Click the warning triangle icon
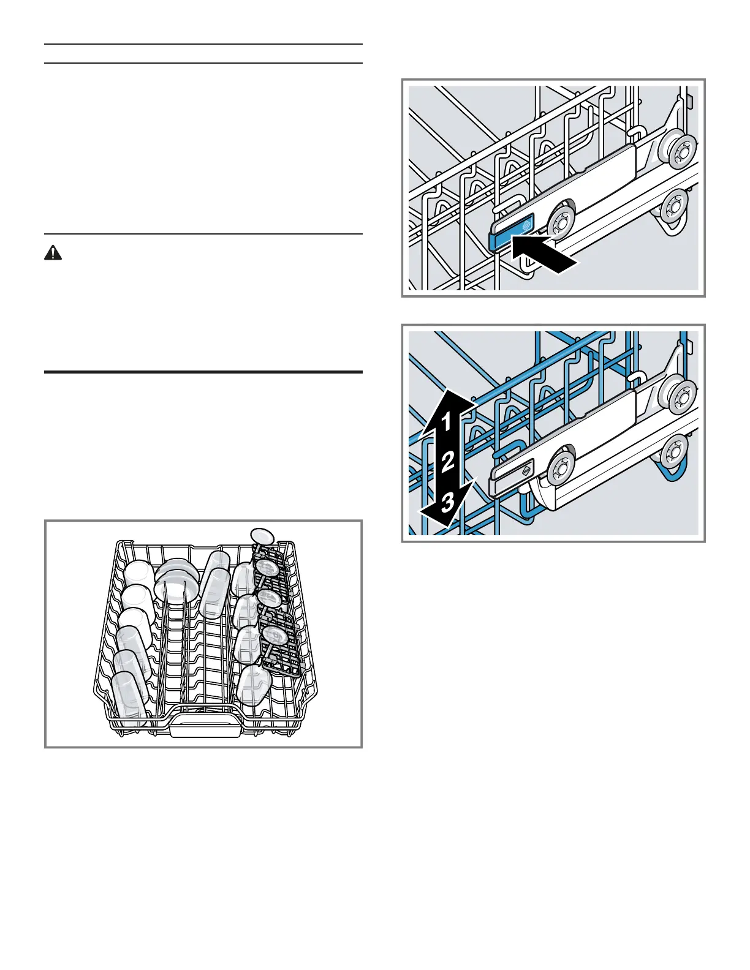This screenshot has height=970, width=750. tap(54, 254)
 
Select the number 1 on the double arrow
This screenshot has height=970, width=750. tap(447, 421)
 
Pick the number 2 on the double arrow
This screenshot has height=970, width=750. tap(448, 461)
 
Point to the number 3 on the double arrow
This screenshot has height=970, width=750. tap(448, 502)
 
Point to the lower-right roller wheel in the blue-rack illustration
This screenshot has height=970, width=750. tap(675, 452)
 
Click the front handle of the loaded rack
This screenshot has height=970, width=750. tap(205, 727)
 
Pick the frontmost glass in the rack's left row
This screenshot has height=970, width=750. tap(131, 698)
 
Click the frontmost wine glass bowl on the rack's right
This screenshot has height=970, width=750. tap(253, 685)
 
